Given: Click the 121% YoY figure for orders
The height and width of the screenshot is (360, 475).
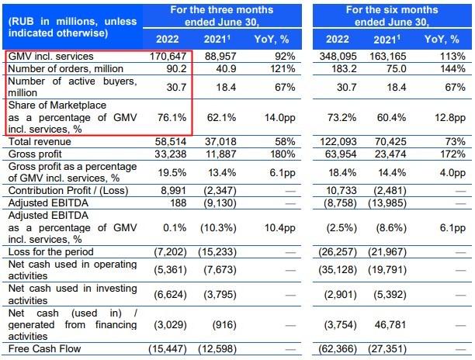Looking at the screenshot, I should coord(271,67).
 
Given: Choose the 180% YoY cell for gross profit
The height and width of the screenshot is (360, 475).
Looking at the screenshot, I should coord(270,154).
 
